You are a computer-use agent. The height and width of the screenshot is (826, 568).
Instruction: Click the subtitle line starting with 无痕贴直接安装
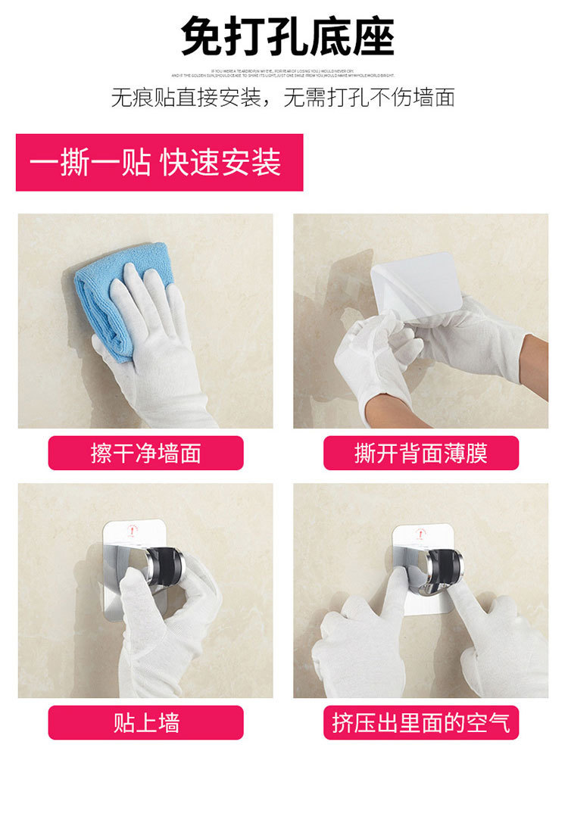283,98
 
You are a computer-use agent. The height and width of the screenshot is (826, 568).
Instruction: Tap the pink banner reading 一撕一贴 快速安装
159,163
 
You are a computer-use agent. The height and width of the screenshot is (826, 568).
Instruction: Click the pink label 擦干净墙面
145,453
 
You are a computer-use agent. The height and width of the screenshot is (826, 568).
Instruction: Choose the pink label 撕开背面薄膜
421,453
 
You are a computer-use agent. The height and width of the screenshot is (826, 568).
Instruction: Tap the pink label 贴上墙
145,722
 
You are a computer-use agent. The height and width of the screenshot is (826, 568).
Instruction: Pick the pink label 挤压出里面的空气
421,722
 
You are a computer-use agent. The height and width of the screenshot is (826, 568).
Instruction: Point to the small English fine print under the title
283,73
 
